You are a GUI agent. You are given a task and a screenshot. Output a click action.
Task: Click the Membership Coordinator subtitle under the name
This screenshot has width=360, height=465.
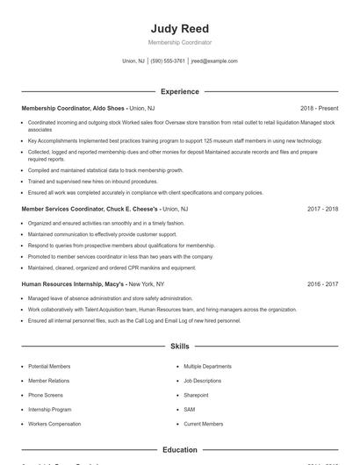coord(179,42)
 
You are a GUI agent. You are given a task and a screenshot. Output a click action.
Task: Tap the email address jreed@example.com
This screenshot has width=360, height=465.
coord(214,61)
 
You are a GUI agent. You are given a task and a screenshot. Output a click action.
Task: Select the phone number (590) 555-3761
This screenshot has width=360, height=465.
coord(168,61)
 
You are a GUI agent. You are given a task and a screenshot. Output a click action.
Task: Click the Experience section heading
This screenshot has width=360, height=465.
coord(179,91)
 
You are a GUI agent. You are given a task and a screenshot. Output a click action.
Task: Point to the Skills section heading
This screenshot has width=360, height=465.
coord(179,347)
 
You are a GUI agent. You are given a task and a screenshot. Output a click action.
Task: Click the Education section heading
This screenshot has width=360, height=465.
coord(179,450)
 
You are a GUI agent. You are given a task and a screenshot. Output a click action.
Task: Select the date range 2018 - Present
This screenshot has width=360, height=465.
coord(319,108)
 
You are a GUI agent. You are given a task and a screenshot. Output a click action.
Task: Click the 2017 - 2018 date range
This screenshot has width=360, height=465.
coord(322,210)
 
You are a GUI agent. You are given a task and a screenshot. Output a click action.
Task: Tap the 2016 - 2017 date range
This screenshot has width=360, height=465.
coord(322,284)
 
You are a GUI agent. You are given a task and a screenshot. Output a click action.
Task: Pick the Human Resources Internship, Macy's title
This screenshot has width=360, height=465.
coord(91,284)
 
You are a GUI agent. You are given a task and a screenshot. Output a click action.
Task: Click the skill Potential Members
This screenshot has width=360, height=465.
coord(49,366)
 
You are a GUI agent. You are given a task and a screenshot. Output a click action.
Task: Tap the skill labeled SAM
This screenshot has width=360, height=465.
coord(190,409)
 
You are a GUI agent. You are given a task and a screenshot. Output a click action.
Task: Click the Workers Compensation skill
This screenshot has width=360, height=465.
coord(54,424)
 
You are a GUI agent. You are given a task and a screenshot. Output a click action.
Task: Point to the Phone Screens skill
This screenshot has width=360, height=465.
coord(46,395)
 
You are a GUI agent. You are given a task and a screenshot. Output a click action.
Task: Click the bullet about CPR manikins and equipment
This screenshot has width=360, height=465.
coord(112,268)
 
